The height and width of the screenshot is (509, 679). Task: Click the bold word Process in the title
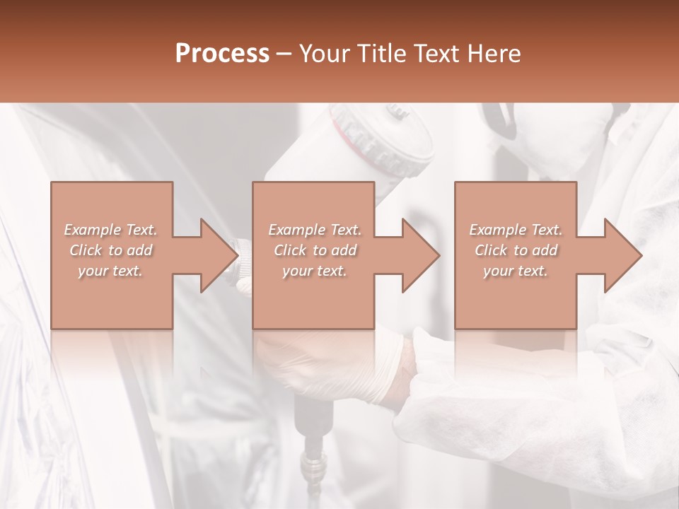[222, 54]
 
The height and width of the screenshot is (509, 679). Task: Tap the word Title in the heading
[380, 54]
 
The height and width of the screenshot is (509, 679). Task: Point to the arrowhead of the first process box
[219, 255]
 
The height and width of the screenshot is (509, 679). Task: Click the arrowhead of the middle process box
[421, 255]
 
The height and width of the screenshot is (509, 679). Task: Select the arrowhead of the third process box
[623, 255]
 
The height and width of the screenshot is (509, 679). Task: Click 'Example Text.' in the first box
[111, 230]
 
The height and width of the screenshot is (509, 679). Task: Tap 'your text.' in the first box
[111, 271]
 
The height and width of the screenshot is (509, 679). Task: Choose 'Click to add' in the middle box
[315, 250]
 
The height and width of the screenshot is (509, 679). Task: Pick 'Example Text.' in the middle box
[315, 230]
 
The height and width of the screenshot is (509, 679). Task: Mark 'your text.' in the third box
[516, 271]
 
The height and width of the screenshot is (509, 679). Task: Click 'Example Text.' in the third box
[516, 230]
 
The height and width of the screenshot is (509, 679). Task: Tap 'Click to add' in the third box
[516, 250]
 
